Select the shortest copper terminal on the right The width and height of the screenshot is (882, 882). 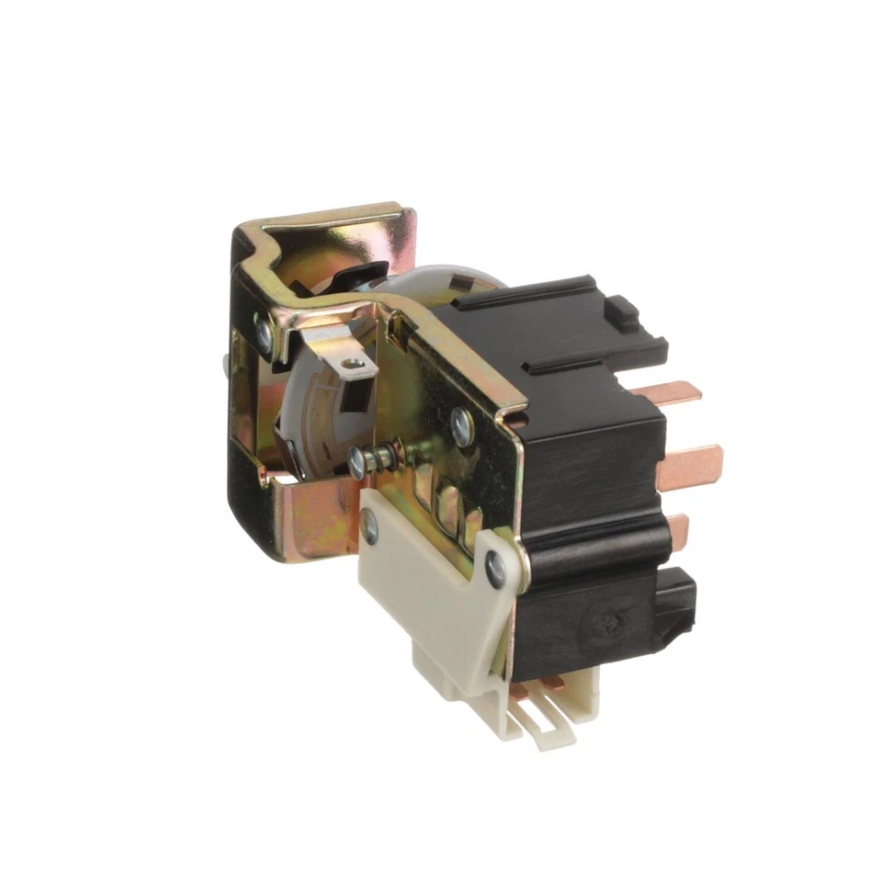pos(679,528)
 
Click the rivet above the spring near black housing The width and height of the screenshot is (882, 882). pos(462,424)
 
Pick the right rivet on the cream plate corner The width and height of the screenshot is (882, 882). pos(494,571)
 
